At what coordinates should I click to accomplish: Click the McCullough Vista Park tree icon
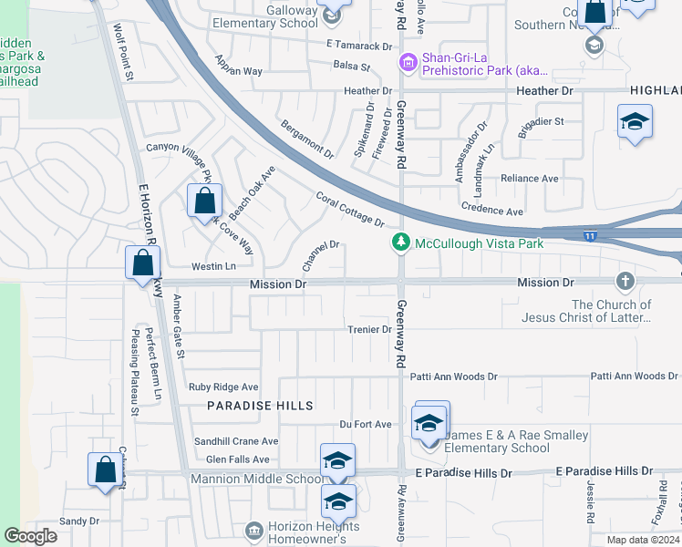(399, 243)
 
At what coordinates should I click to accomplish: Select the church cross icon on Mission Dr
(625, 280)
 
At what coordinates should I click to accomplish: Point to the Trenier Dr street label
(368, 329)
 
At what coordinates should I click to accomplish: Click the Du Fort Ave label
(365, 425)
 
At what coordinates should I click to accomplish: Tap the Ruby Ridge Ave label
(223, 387)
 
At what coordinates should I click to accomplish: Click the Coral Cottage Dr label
(350, 209)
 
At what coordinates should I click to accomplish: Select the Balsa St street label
(352, 67)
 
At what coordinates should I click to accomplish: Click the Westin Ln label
(213, 267)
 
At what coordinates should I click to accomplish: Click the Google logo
(30, 536)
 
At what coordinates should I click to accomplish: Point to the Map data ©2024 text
(643, 540)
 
